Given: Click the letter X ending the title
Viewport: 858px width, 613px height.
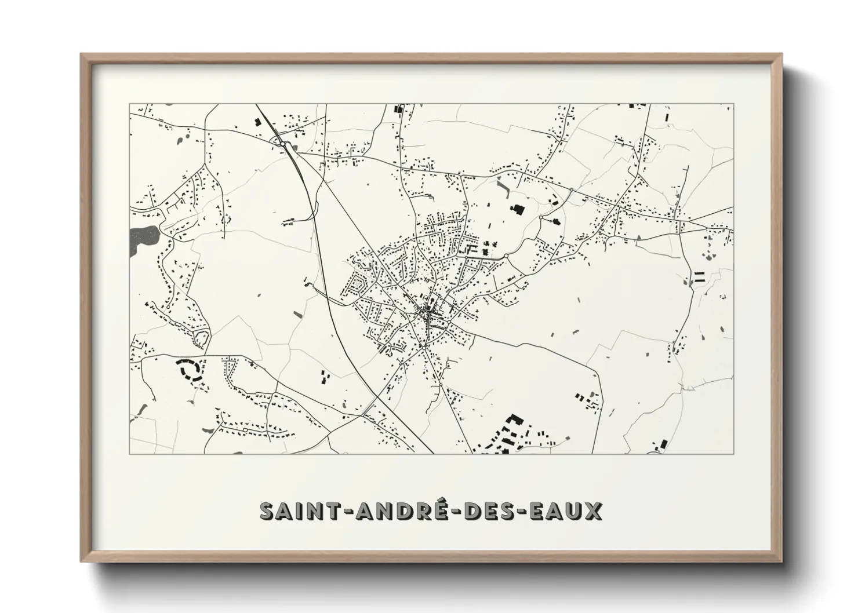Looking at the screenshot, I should pos(594,511).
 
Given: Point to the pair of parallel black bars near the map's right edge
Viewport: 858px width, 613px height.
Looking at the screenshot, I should pos(699,276).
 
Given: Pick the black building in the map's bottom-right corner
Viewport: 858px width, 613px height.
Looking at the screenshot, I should pos(661,446).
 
